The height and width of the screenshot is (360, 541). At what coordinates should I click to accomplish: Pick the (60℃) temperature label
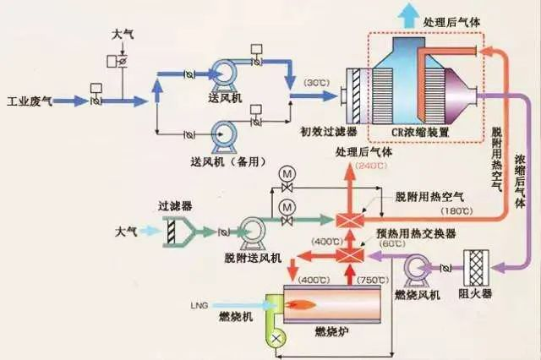click(391, 243)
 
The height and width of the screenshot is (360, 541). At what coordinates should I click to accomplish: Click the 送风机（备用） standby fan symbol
click(225, 134)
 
